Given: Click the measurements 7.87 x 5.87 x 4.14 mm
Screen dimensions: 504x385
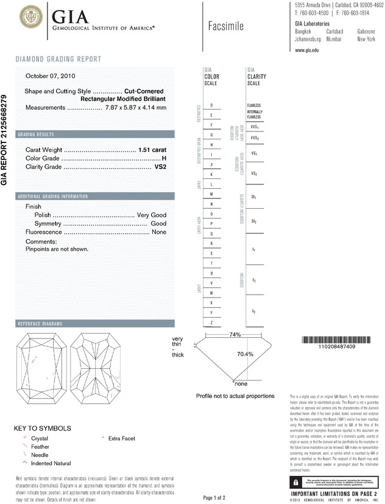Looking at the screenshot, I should pos(136,108).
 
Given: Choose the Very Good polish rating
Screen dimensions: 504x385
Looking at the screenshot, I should pos(152,215).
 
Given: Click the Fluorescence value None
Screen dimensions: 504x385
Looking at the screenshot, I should pos(159,232).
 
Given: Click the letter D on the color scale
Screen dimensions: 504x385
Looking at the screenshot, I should pos(211,105).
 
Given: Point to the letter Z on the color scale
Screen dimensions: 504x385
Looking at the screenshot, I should pos(211,322).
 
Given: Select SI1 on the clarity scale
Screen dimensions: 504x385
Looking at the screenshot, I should pos(254,198).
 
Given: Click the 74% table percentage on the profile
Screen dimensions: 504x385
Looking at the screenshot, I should pos(235,335).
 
